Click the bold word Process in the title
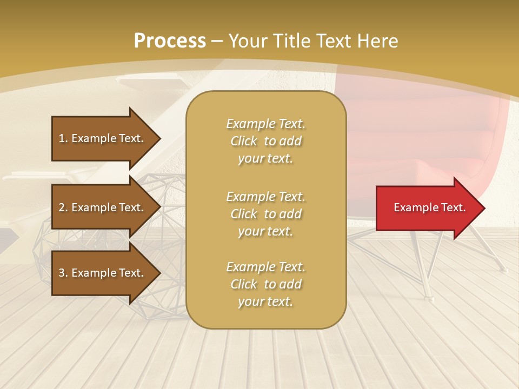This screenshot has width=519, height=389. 170,41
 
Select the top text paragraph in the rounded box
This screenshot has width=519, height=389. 265,141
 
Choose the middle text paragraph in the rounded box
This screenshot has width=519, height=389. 265,213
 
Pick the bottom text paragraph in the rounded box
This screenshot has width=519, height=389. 265,284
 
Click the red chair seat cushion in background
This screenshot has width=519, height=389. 432,167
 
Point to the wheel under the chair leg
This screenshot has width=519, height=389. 429,297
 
